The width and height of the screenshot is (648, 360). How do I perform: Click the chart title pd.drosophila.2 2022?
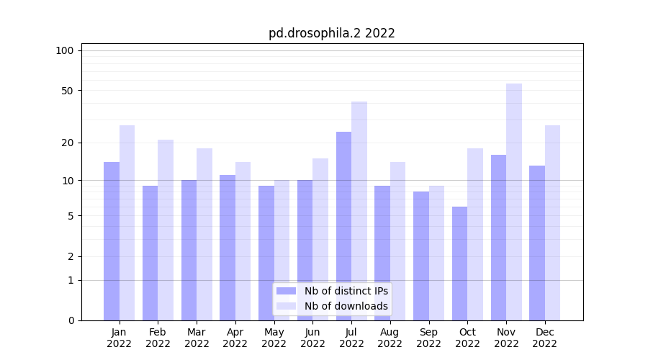[332, 33]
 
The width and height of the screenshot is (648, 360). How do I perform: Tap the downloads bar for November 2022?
[514, 202]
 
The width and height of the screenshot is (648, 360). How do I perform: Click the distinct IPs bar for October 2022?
[460, 264]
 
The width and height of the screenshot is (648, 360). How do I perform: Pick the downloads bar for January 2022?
[127, 222]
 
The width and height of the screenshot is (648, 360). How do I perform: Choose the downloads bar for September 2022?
[437, 253]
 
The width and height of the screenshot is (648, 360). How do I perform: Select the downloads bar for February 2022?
[166, 230]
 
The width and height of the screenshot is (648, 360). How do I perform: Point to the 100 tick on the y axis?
[65, 50]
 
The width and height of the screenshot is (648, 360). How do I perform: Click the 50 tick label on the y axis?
[68, 91]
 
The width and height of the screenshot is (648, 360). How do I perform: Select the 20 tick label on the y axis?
[68, 143]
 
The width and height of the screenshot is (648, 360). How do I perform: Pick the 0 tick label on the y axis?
[71, 320]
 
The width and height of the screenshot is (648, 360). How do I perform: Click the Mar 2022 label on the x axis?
[197, 338]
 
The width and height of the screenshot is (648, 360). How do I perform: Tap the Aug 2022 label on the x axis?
[390, 338]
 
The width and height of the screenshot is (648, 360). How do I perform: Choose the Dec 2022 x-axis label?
[545, 338]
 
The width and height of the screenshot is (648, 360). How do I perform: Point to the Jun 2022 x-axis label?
[312, 338]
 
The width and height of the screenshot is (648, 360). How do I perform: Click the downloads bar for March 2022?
[204, 234]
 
